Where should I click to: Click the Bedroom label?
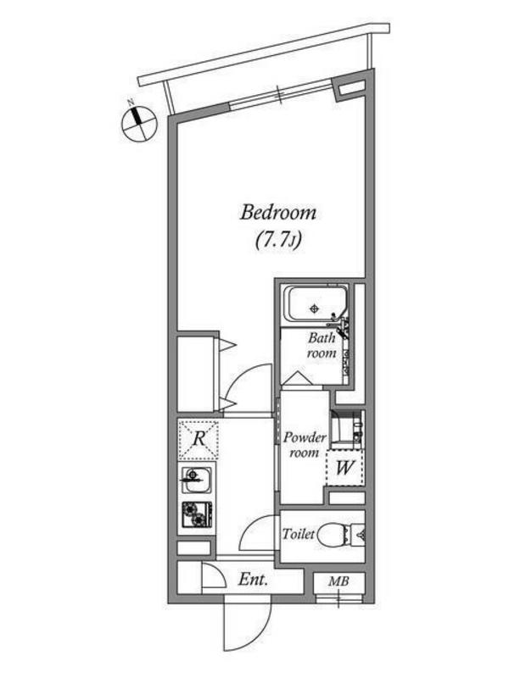click(x=278, y=214)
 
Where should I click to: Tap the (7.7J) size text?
click(x=278, y=240)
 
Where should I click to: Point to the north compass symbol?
click(x=138, y=122)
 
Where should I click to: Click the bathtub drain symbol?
click(x=315, y=308)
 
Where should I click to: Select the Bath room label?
click(x=322, y=346)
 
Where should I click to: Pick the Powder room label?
click(x=305, y=445)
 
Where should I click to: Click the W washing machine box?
click(x=345, y=468)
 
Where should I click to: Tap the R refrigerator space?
click(x=199, y=440)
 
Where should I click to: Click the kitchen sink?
click(x=197, y=479)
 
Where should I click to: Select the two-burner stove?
click(x=197, y=514)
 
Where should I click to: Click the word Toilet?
click(x=299, y=535)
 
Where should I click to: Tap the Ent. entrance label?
click(x=253, y=580)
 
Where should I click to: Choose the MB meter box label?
click(x=338, y=581)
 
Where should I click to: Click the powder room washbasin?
click(x=347, y=429)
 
